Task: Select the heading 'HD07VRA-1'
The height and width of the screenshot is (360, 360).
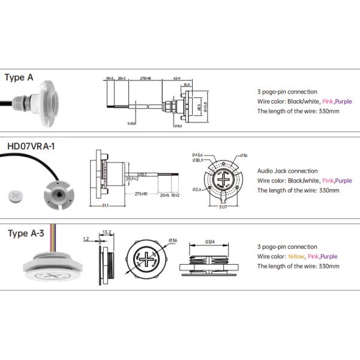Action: [31, 145]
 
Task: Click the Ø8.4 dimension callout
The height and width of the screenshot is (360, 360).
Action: [179, 126]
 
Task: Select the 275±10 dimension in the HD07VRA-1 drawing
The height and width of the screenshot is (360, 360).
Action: [142, 193]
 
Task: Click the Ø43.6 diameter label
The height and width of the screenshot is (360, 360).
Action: [199, 154]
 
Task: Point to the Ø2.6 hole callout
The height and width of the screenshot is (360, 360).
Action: [196, 190]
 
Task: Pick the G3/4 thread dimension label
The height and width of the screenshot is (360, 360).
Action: [210, 242]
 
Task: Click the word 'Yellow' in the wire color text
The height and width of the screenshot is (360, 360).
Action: [296, 256]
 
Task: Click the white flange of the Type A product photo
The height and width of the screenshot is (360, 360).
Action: [45, 99]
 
